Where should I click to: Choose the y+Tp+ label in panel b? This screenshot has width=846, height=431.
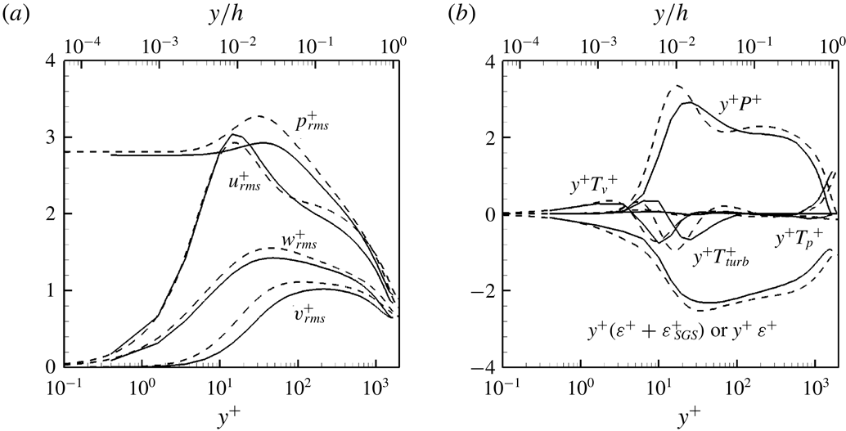click(x=807, y=239)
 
